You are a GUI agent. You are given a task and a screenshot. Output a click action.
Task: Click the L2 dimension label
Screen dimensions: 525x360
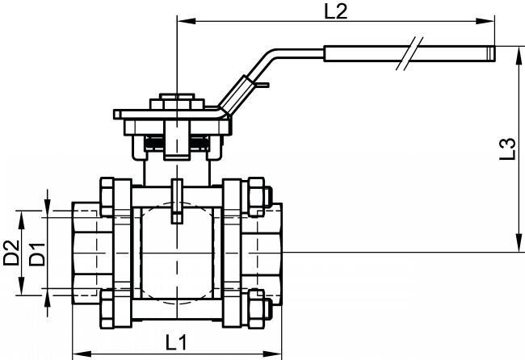(x=337, y=11)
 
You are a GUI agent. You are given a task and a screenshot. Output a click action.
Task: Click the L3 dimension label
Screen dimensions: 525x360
(x=507, y=149)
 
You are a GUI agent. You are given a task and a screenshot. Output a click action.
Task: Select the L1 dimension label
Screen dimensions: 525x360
(x=176, y=342)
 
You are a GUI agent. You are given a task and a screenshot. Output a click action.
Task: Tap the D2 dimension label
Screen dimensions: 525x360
(x=10, y=253)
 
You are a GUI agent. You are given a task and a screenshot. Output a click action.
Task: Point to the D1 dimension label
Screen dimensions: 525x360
(x=36, y=254)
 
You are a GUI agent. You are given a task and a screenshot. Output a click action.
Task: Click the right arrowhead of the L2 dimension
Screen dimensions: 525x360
(x=485, y=21)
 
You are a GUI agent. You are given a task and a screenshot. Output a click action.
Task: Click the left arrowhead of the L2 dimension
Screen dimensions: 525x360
(x=186, y=21)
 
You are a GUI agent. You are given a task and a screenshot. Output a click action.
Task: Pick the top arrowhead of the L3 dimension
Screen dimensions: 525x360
(x=519, y=56)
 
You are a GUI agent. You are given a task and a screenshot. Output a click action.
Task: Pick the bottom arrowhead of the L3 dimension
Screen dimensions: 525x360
(x=519, y=243)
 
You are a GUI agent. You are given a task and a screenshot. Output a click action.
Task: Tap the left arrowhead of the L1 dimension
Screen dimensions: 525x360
(x=82, y=354)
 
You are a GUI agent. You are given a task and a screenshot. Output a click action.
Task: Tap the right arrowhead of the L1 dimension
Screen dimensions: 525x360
(x=272, y=354)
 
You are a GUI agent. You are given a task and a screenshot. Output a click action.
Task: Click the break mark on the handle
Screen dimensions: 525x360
(x=409, y=53)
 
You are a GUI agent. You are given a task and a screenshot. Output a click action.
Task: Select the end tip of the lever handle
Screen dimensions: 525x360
(x=494, y=53)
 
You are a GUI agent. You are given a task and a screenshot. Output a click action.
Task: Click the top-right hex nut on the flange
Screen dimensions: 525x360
(x=256, y=197)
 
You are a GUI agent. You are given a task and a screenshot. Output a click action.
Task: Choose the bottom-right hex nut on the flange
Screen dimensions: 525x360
(x=256, y=308)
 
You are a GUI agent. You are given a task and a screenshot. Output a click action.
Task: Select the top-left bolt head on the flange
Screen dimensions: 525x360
(x=107, y=197)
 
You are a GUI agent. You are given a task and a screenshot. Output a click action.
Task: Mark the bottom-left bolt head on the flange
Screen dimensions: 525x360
(x=107, y=308)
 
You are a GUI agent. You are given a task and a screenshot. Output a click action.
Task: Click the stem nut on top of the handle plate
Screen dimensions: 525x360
(x=177, y=102)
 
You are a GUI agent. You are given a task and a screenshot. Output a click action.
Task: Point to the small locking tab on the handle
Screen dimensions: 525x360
(x=262, y=85)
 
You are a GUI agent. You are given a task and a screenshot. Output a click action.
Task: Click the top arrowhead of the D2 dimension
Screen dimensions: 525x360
(x=22, y=220)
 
